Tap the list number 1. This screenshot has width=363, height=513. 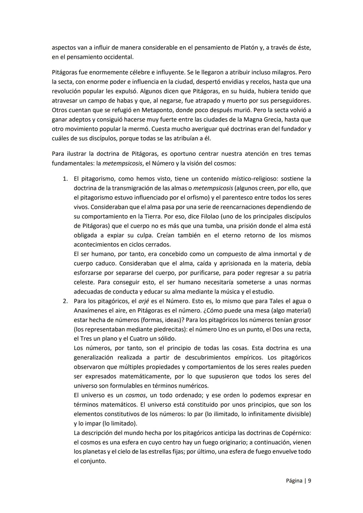tap(65, 179)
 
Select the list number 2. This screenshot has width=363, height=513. tap(65, 301)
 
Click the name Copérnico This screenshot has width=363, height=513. tap(295, 433)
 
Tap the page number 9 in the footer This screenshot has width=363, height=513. tap(309, 481)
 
